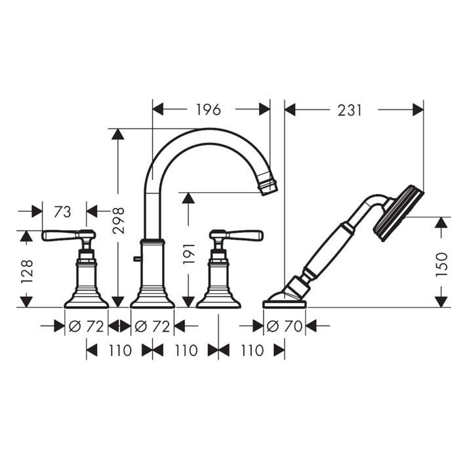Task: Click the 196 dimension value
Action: click(x=208, y=110)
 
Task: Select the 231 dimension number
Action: click(x=349, y=110)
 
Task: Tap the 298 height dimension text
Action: click(x=119, y=220)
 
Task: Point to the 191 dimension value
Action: click(x=189, y=254)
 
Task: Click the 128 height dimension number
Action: click(x=27, y=271)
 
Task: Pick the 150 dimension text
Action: click(x=442, y=265)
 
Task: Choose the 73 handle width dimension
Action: click(x=62, y=212)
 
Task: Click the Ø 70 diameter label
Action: click(x=284, y=326)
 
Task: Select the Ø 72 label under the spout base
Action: click(x=152, y=326)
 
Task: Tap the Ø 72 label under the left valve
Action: click(x=86, y=326)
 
